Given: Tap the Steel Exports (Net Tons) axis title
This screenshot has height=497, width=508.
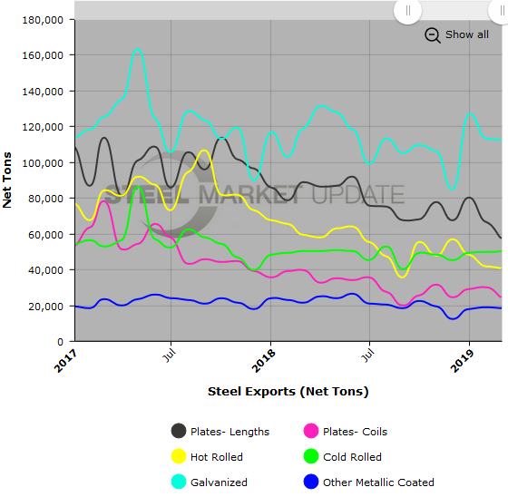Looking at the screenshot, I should (x=288, y=392).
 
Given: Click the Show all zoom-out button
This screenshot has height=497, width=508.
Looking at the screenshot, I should (x=457, y=34).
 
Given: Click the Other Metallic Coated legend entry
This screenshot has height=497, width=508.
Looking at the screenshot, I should (x=368, y=482).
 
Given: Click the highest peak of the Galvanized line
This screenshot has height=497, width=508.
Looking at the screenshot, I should (x=137, y=50).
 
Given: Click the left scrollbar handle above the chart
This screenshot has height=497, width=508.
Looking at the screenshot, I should (x=407, y=11).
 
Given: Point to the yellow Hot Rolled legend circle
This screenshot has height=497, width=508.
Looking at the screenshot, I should (x=179, y=457).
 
